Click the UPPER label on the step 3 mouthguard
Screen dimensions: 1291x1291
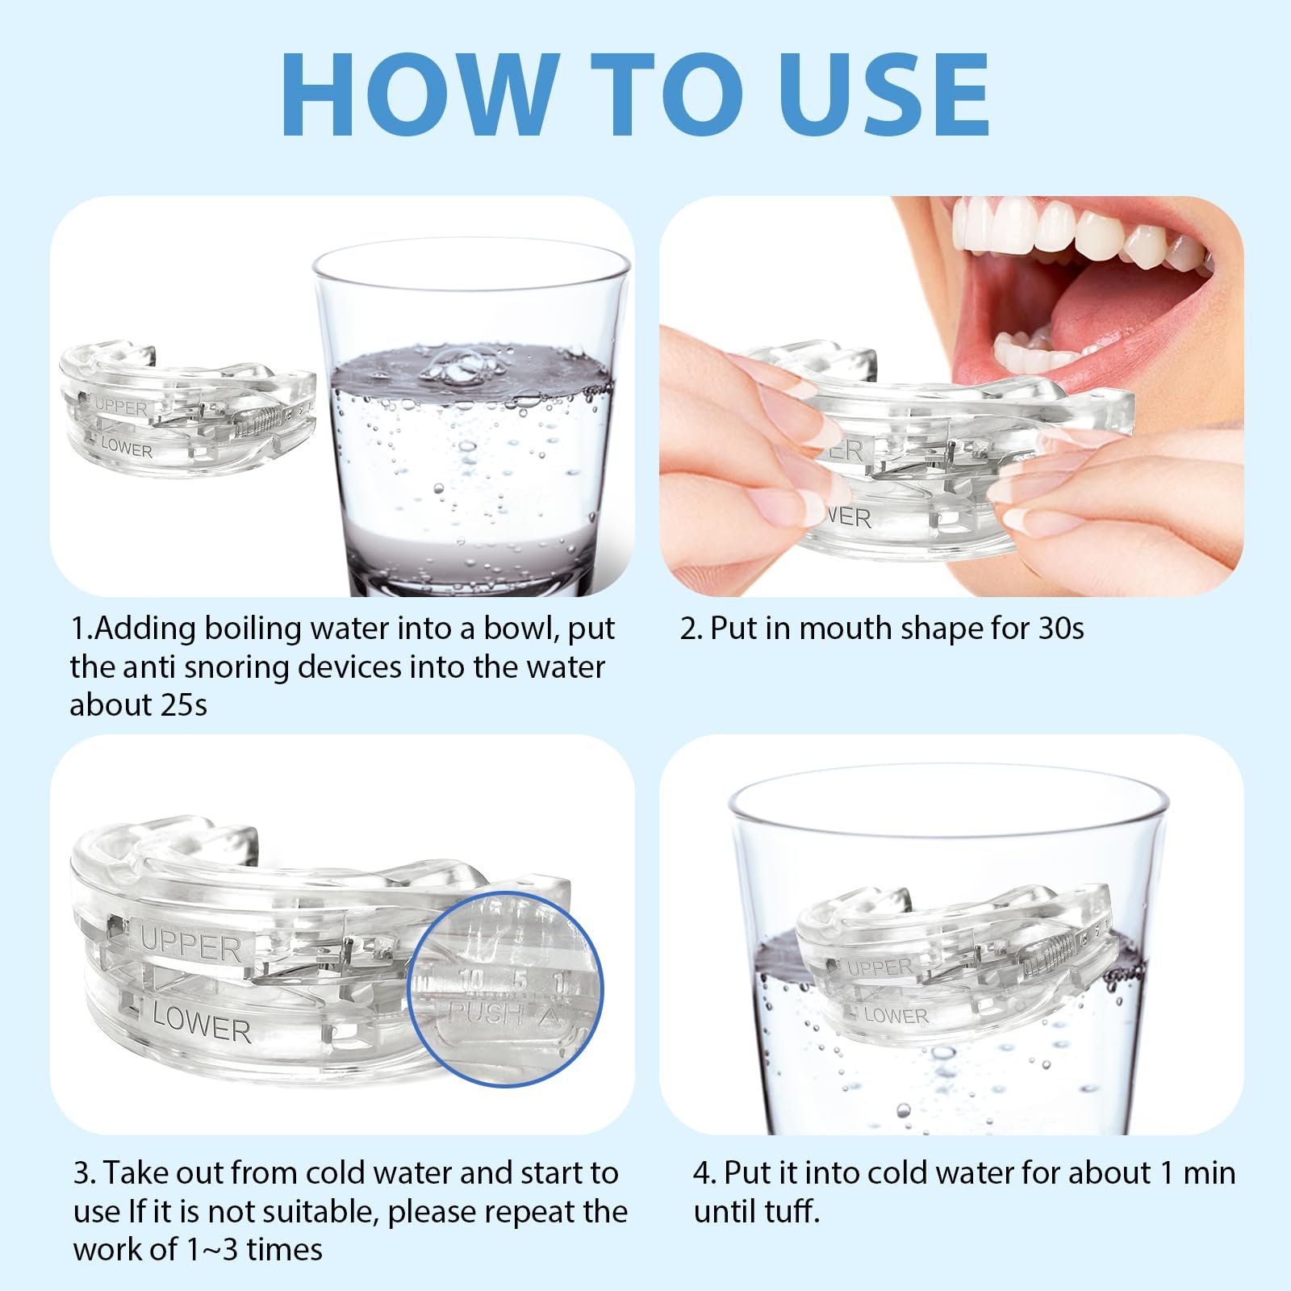tap(190, 946)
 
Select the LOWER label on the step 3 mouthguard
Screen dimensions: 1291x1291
tap(202, 1022)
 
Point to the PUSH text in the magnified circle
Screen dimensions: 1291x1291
tap(484, 1013)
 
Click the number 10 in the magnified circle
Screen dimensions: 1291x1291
tap(471, 980)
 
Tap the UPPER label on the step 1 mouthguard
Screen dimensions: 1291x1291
tap(122, 407)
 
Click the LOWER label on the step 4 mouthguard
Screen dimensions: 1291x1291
tap(896, 1015)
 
